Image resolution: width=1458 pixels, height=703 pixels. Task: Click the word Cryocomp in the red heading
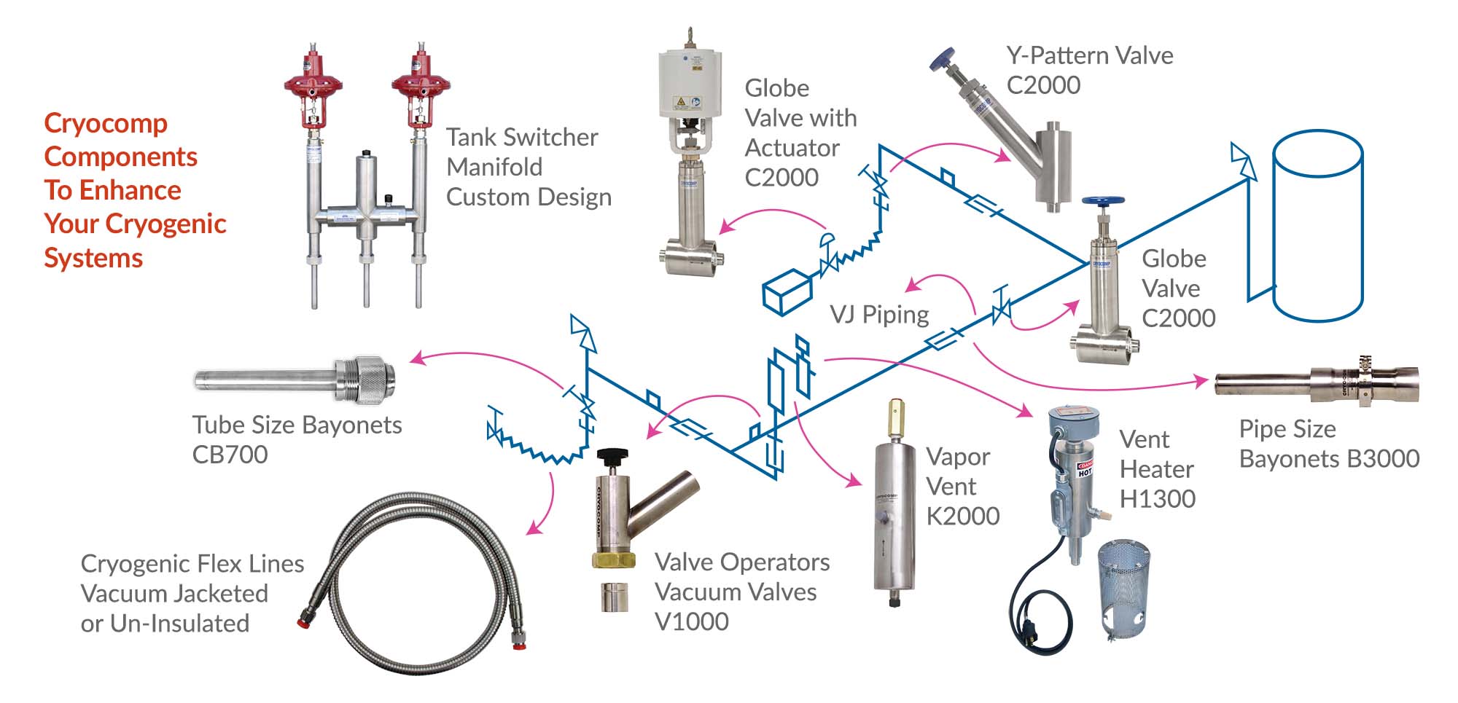[106, 123]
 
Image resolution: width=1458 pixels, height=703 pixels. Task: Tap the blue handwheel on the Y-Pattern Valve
[944, 58]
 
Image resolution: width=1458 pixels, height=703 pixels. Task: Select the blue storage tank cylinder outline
[1317, 226]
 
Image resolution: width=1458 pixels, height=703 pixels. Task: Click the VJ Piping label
[879, 314]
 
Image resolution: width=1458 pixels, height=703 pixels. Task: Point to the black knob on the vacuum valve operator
[612, 457]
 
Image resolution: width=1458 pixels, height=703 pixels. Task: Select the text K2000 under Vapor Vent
[962, 516]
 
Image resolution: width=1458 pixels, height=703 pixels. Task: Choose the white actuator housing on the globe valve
[690, 84]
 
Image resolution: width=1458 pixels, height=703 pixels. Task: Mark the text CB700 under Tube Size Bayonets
[230, 455]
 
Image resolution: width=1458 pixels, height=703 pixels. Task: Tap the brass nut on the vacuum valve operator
[613, 559]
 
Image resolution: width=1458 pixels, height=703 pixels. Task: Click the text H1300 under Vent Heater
[1157, 499]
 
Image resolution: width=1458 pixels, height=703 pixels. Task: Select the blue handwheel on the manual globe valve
[1102, 200]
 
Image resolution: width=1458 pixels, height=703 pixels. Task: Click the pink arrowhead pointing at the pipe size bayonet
[1201, 380]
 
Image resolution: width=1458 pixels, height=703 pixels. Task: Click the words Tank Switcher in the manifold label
[522, 137]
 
